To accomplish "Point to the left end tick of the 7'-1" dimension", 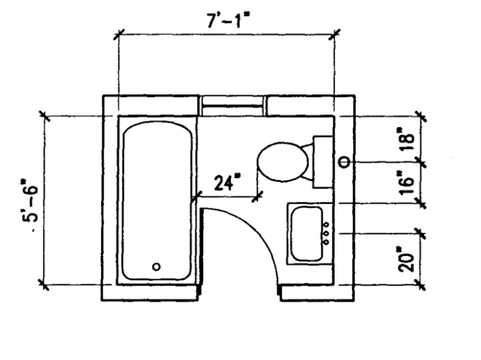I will (x=117, y=37).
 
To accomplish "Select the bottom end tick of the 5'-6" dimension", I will (x=44, y=284).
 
